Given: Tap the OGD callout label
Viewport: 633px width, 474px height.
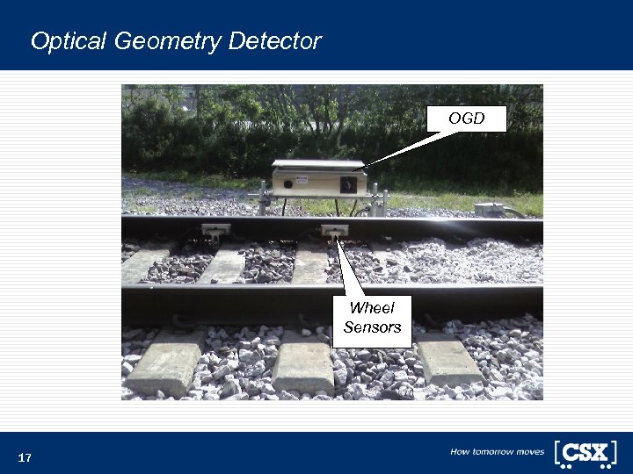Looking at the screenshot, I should coord(466,118).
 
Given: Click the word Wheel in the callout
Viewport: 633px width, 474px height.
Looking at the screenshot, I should coord(372,308).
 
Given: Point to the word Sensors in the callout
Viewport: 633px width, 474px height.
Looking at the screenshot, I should coord(372,327).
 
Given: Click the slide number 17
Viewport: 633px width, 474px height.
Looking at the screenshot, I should coord(25,458).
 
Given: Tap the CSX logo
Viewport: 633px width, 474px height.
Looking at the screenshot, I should coord(585,453).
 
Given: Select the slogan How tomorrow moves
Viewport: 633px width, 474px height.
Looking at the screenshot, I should coord(497,452).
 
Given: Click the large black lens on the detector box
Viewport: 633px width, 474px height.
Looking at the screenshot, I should coord(348,185).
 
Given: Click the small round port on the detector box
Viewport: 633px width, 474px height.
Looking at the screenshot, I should coord(287,185).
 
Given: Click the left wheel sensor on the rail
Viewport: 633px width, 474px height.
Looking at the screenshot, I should coord(215,231).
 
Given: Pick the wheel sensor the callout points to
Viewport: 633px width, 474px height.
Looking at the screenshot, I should coord(333,232).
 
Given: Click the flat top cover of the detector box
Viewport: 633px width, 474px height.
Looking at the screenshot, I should coord(318,165).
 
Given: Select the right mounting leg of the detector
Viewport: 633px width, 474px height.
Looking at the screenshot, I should coord(375,200).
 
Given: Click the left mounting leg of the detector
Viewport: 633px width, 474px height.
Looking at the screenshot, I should coord(265,199).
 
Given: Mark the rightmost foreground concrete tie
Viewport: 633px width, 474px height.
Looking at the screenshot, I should coord(448,358).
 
